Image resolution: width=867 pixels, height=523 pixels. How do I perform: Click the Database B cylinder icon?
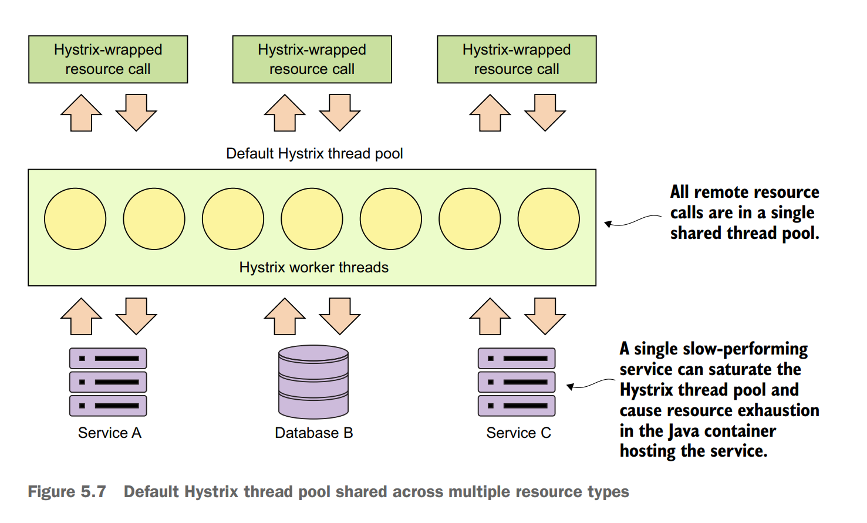(x=313, y=382)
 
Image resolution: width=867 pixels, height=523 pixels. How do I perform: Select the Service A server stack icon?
(x=108, y=382)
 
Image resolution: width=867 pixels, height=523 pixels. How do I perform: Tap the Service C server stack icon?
(x=517, y=382)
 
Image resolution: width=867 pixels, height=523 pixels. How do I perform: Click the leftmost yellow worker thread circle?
(x=75, y=219)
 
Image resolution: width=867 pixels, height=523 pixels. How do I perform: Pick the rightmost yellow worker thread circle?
(x=548, y=219)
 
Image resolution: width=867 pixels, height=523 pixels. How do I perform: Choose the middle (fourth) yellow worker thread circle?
(x=312, y=219)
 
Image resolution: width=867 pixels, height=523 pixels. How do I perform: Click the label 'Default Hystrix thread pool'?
(x=314, y=154)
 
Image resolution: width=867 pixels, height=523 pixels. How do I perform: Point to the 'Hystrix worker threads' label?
(x=313, y=268)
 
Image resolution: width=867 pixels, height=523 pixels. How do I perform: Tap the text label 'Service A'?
(x=110, y=433)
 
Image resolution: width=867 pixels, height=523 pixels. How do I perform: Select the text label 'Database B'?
(x=313, y=433)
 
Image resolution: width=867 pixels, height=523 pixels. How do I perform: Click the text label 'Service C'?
(x=518, y=433)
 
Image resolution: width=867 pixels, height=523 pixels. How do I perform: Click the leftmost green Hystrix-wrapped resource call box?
(x=108, y=59)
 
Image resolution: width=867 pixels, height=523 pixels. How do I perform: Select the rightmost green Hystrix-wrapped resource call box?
(x=517, y=59)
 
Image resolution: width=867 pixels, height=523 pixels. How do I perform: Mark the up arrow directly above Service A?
(x=82, y=316)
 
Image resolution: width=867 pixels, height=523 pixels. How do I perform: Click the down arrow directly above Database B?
(x=339, y=316)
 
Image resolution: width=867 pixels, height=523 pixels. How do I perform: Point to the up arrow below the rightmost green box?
(x=490, y=113)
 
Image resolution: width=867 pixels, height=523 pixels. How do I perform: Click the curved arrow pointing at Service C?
(x=590, y=384)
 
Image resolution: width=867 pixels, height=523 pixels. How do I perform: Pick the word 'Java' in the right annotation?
(x=684, y=431)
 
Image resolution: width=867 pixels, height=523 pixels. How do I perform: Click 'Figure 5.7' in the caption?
(x=67, y=492)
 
